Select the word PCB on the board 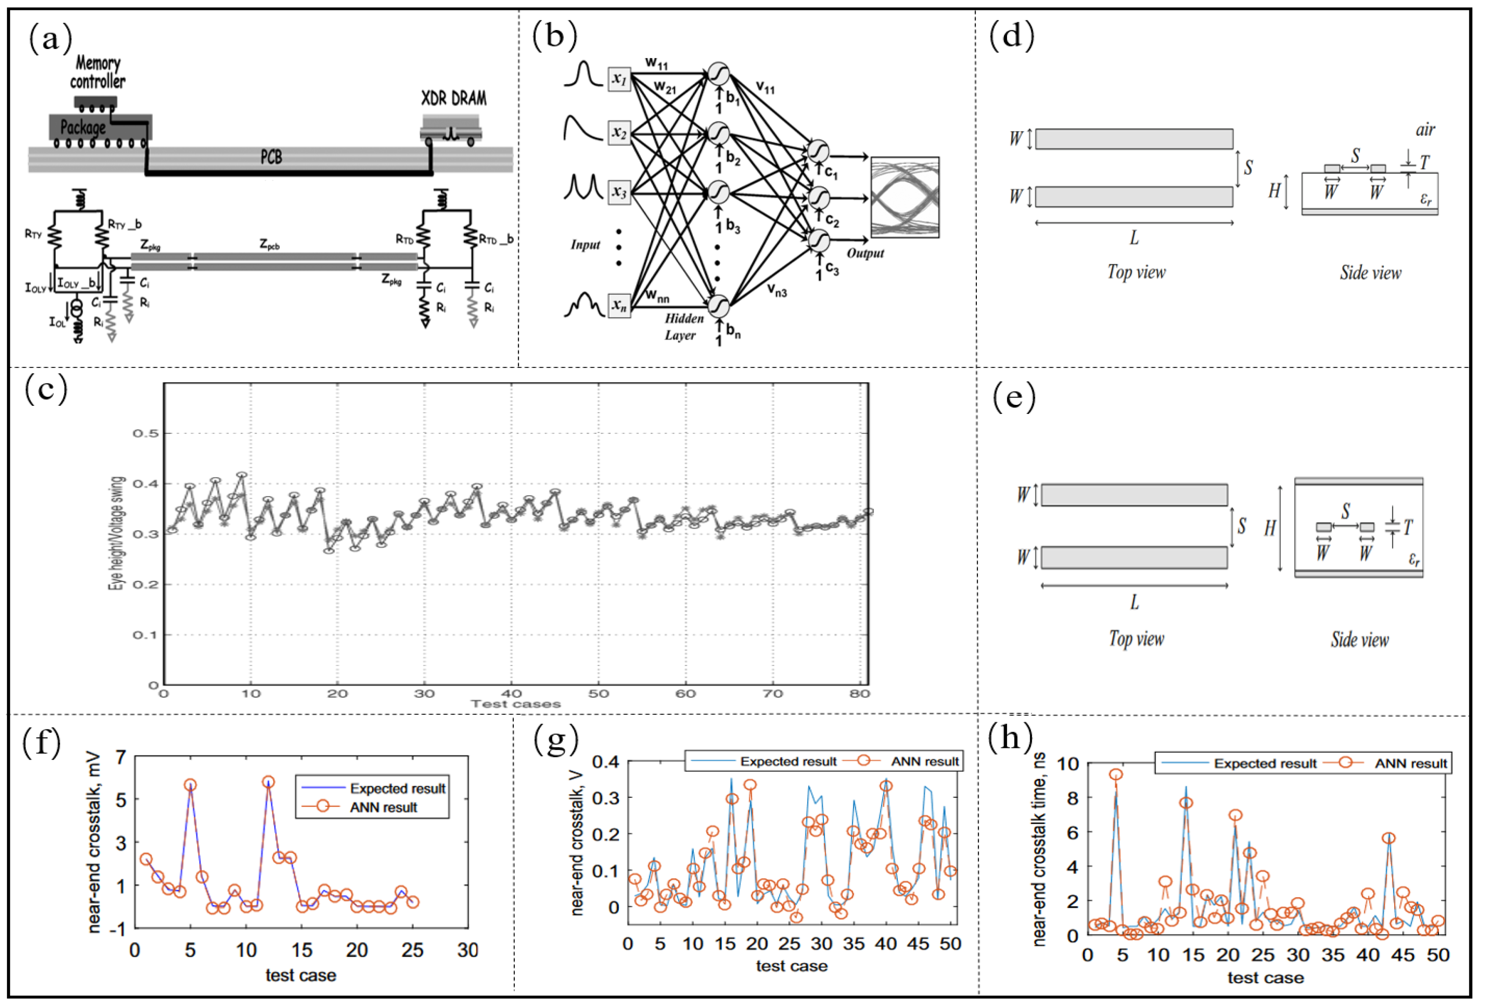coord(271,157)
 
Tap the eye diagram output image coord(905,197)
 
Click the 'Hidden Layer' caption coord(683,326)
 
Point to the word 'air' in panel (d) coord(1425,130)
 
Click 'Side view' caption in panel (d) coord(1371,273)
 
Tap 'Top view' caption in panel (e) coord(1136,638)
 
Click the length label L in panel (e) coord(1135,602)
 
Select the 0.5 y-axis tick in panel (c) coord(145,434)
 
